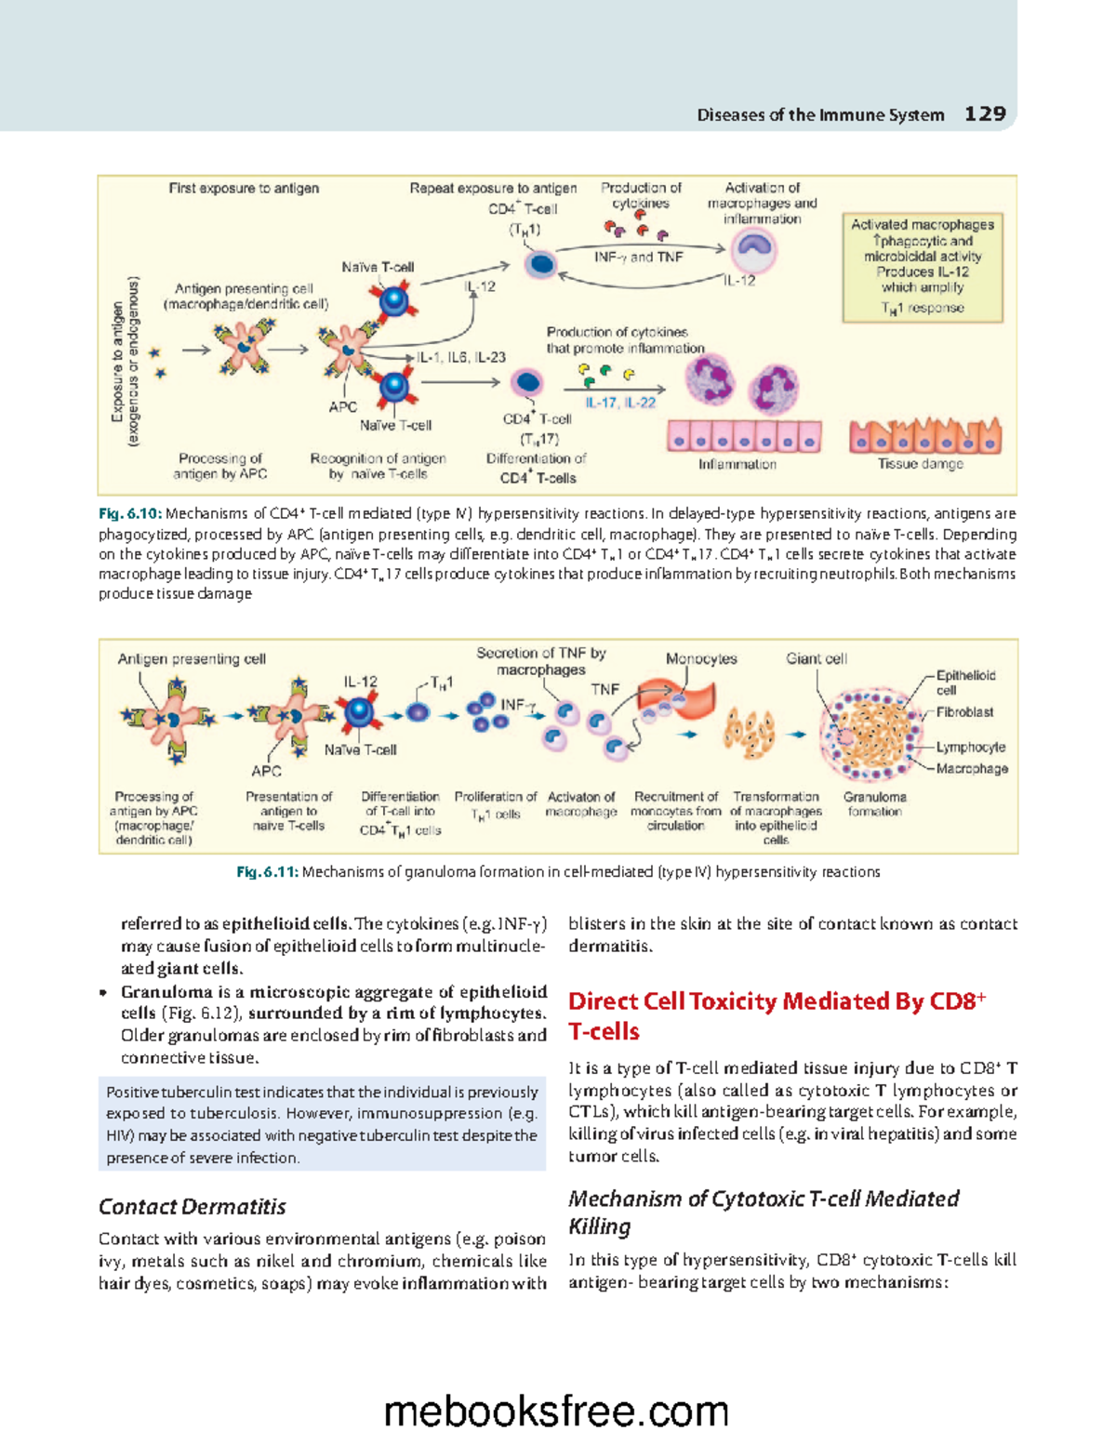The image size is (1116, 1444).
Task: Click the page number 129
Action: point(985,113)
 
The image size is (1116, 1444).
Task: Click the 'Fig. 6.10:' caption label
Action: point(130,513)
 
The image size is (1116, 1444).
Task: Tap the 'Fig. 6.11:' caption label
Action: point(267,872)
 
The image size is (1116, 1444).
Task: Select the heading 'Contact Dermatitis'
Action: point(193,1207)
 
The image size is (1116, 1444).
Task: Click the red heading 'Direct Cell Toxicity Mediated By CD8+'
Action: point(777,1001)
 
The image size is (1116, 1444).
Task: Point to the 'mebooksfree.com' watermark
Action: point(556,1411)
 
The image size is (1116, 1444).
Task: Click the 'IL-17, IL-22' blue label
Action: point(620,403)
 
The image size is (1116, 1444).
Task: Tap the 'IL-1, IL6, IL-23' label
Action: point(461,357)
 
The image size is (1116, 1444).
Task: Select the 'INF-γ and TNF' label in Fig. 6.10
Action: point(638,257)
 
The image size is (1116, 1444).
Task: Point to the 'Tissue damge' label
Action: point(921,464)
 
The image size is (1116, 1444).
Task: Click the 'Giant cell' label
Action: point(816,658)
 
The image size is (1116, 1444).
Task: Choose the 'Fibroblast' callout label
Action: point(964,712)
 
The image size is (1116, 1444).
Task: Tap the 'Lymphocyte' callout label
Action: point(970,747)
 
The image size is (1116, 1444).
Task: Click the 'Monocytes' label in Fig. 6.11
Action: point(701,658)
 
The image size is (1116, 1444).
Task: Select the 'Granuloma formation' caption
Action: point(874,804)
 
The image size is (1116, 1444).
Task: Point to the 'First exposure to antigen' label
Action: point(244,188)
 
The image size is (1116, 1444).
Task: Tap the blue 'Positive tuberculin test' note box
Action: point(322,1124)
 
